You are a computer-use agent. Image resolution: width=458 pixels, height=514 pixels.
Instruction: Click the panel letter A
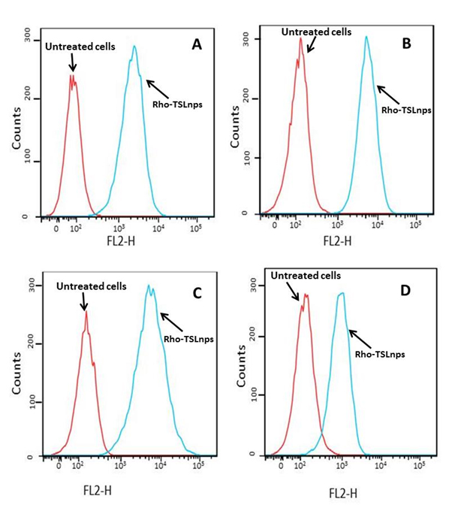[x=197, y=45]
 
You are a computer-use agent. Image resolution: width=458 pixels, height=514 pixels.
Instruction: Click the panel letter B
[x=406, y=44]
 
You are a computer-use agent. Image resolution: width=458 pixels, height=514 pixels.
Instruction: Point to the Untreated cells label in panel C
[x=91, y=286]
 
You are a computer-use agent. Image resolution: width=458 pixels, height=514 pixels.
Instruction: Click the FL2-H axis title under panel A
[x=122, y=243]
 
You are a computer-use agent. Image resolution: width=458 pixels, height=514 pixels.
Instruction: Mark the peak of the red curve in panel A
[x=71, y=75]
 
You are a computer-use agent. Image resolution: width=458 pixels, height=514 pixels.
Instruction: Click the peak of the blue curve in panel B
[x=366, y=37]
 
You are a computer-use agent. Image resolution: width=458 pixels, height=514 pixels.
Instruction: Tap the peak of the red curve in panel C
[x=86, y=312]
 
